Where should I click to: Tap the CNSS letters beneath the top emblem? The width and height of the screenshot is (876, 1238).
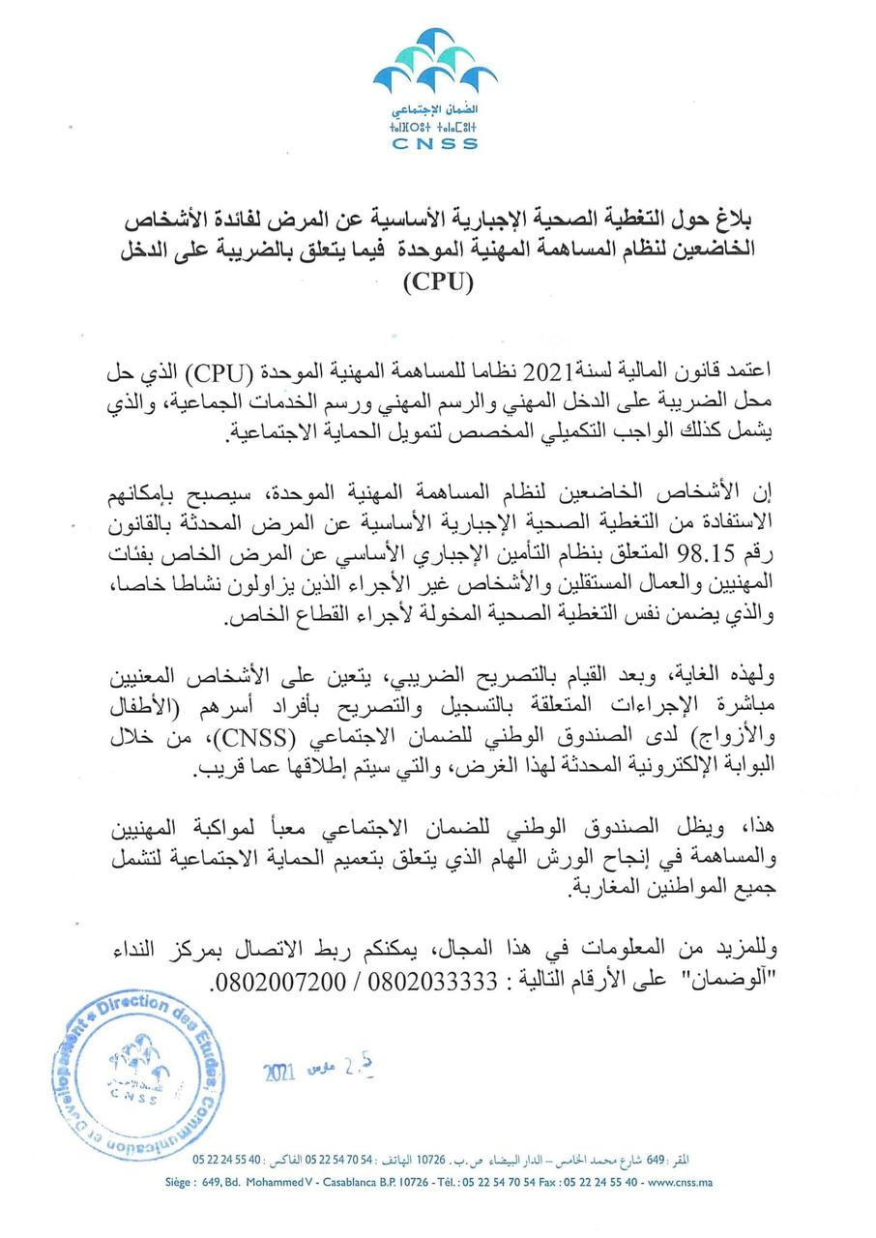[x=435, y=144]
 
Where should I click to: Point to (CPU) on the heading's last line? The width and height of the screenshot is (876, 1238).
[x=438, y=283]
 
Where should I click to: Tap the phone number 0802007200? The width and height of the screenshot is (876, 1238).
[x=280, y=979]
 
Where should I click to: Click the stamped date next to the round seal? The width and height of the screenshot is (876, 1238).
[x=319, y=1069]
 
